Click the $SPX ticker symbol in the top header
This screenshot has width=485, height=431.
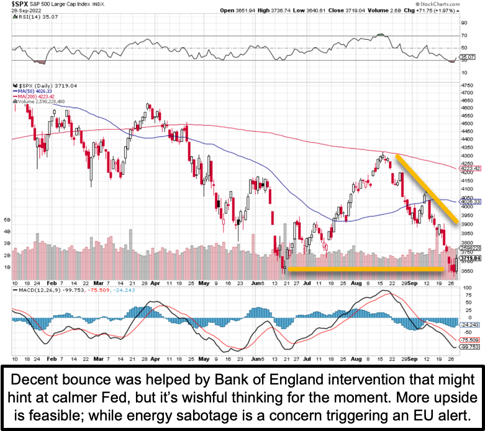(19, 4)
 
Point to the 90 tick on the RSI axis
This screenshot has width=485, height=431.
(463, 23)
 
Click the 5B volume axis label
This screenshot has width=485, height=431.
(7, 220)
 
